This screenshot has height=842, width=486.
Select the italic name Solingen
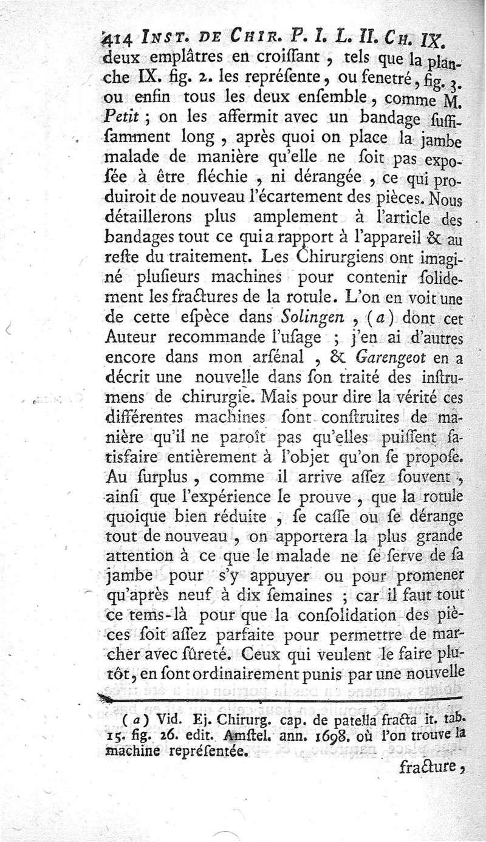pos(309,317)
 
